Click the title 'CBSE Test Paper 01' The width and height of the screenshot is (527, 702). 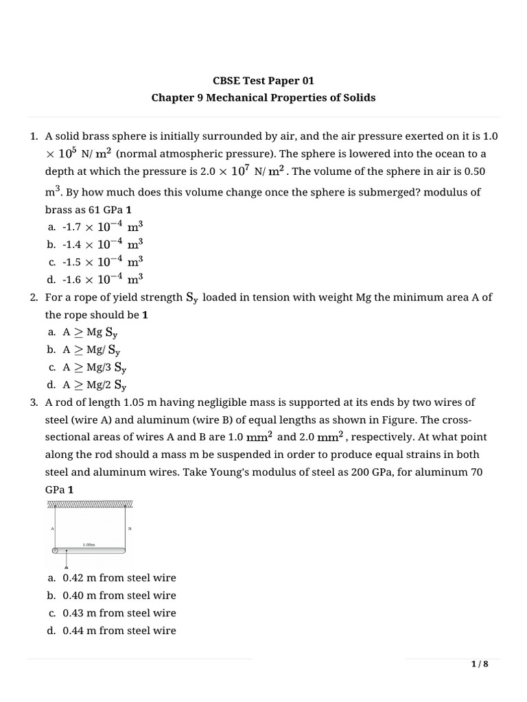tap(263, 80)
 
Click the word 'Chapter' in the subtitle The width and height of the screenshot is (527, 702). tap(170, 97)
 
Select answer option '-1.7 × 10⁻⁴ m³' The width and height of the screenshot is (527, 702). tap(102, 226)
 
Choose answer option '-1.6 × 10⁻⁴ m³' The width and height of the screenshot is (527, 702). tap(102, 278)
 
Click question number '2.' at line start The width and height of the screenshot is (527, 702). tap(34, 298)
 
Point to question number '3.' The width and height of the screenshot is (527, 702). tap(34, 402)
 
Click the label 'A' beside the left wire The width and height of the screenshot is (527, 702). tap(52, 529)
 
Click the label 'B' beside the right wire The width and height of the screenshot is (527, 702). tap(129, 529)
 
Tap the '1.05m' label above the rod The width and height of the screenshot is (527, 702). tap(89, 544)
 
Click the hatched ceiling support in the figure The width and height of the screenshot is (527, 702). tap(90, 504)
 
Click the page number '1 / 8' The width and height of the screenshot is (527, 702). tap(480, 664)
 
